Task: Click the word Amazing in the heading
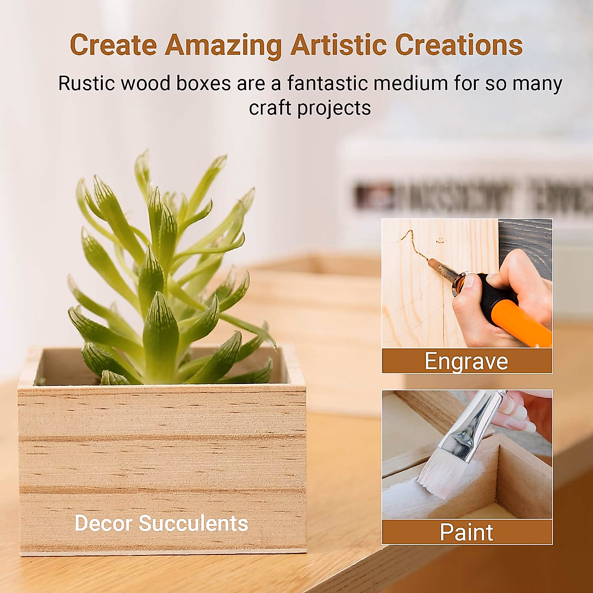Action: tap(223, 45)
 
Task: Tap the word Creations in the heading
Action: tap(459, 45)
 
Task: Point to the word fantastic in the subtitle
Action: tap(327, 84)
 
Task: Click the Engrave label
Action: tap(466, 361)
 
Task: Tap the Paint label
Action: tap(466, 532)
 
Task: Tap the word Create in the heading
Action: tap(113, 45)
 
